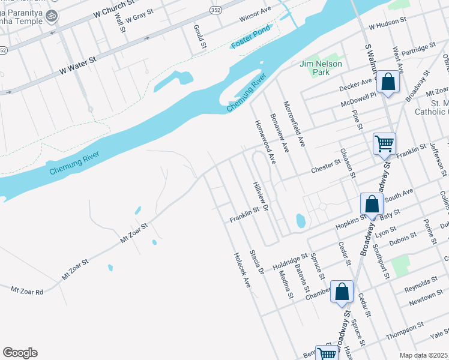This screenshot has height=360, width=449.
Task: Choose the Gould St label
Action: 199,37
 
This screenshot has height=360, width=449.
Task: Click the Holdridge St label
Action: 291,262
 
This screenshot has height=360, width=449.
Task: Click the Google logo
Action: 20,353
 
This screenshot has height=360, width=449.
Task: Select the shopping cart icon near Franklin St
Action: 384,144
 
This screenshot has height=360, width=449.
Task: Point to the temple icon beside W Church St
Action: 52,15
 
